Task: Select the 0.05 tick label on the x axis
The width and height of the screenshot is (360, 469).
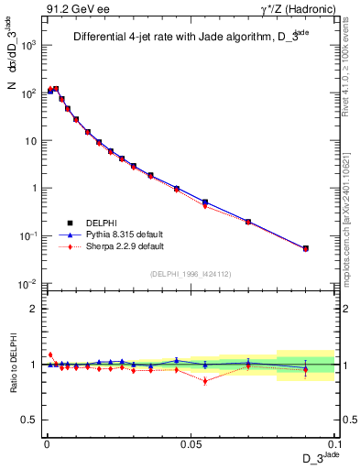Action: point(190,444)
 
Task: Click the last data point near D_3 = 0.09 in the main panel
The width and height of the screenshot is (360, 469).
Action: point(306,248)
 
